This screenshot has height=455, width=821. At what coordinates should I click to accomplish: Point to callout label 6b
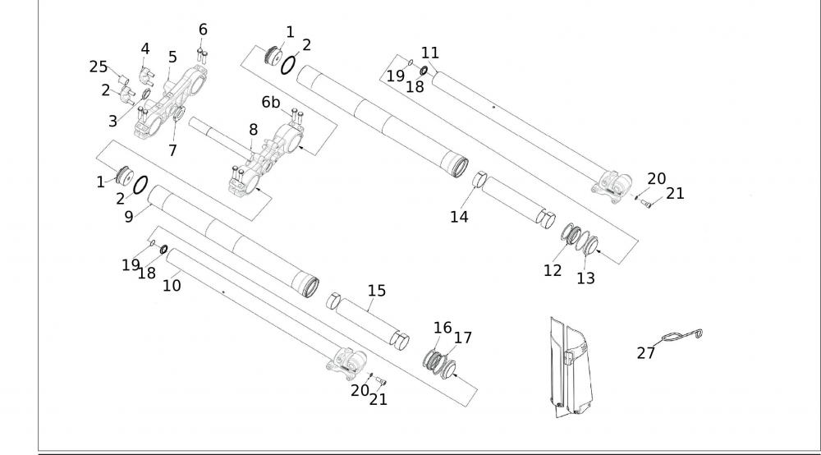click(x=271, y=103)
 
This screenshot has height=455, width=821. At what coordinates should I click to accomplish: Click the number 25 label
click(x=99, y=67)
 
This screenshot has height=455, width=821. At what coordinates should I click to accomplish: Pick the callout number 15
click(x=377, y=291)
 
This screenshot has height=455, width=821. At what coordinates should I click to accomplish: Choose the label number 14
click(x=458, y=217)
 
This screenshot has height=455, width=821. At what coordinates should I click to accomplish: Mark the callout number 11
click(x=430, y=53)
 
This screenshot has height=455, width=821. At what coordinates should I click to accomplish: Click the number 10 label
click(x=172, y=285)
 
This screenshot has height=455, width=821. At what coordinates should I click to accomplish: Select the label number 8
click(x=253, y=129)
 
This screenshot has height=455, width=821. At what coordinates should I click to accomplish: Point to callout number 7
click(x=172, y=150)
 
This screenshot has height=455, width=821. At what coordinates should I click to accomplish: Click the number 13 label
click(x=585, y=278)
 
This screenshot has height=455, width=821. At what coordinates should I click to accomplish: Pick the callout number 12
click(x=553, y=269)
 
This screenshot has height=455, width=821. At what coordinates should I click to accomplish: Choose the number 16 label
click(x=443, y=328)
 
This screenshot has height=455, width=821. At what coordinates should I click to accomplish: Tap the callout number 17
click(x=463, y=337)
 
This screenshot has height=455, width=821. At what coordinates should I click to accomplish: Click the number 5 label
click(x=172, y=57)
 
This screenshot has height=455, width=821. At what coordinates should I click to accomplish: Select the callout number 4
click(x=145, y=48)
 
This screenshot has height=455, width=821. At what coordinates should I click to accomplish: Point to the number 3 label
click(x=112, y=122)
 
